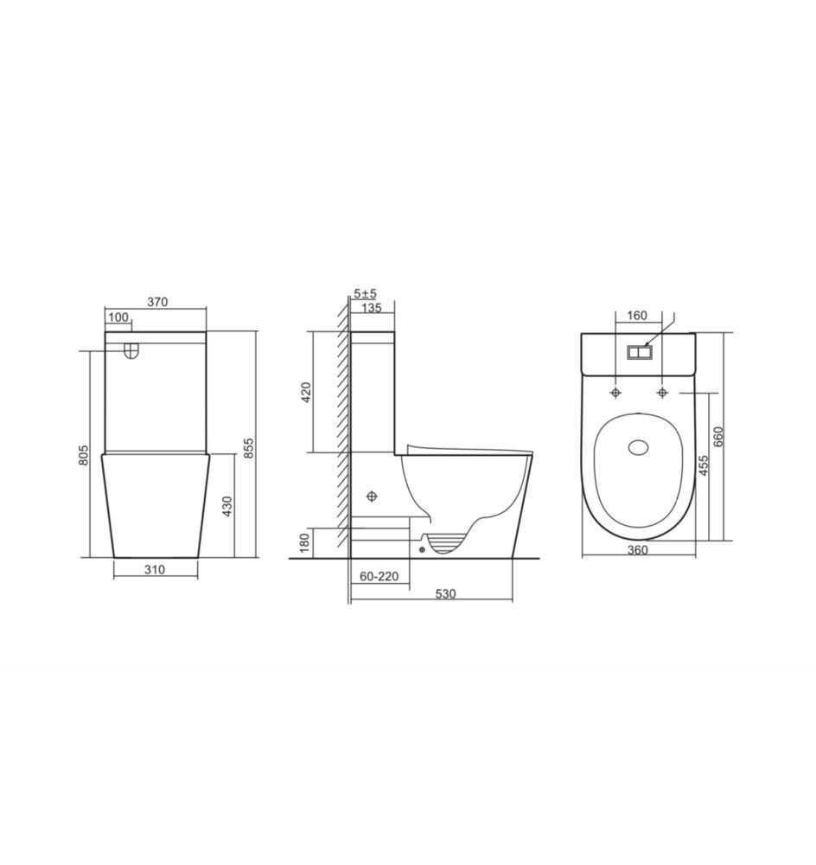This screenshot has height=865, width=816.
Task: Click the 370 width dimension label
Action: point(157,302)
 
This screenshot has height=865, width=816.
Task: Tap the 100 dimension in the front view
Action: point(118,317)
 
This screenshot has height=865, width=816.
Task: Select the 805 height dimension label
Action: point(83,455)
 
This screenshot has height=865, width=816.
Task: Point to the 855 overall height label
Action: point(249,448)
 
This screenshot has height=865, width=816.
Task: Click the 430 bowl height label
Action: point(227,507)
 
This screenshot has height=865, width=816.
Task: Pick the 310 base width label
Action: point(155,569)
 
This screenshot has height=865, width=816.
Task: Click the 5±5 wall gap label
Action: point(366,293)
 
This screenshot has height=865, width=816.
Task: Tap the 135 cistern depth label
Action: point(372,308)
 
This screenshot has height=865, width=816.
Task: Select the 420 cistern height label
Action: point(307,392)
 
